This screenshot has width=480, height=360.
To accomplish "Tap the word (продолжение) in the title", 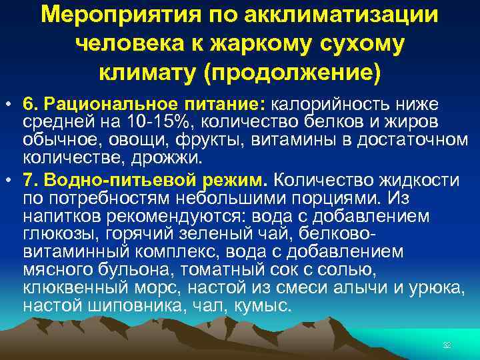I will point(294,71).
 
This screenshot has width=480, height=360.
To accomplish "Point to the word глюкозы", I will point(56,235).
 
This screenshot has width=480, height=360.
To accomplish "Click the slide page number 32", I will point(447,344).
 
